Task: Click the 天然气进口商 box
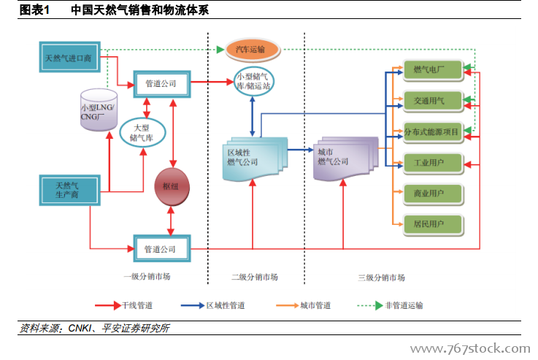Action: (68, 57)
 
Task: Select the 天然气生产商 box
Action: (67, 189)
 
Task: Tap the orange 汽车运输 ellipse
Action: (250, 50)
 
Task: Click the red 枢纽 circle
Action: (172, 187)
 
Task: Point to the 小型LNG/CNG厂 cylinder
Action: (97, 110)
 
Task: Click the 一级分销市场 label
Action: (147, 277)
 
